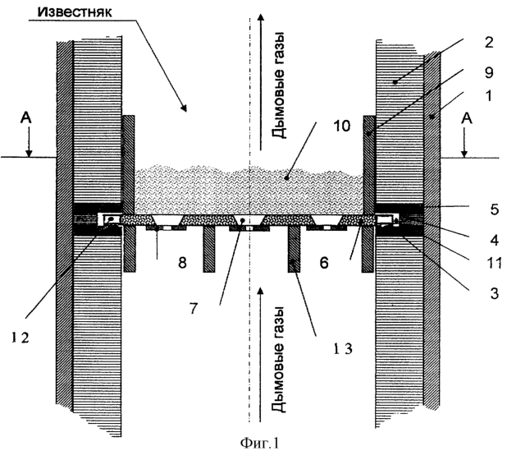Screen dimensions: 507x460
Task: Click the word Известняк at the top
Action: [75, 12]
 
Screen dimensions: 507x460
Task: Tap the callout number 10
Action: [342, 126]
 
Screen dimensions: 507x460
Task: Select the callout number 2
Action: [489, 43]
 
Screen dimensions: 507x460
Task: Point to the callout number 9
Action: [489, 72]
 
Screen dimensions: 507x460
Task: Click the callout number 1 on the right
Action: [489, 96]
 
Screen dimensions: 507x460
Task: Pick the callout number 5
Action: [495, 209]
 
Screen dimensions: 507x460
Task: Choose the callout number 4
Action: [495, 241]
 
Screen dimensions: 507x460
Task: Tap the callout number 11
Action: [495, 263]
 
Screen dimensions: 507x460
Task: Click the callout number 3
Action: [495, 293]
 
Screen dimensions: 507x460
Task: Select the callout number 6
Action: [324, 263]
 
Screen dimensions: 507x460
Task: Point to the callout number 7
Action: [193, 309]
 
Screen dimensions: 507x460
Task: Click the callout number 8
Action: [183, 263]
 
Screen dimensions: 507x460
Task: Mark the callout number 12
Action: [21, 338]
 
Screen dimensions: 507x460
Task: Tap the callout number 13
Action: [342, 348]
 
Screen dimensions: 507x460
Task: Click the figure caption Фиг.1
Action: [259, 443]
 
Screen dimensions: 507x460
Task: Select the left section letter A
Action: [26, 118]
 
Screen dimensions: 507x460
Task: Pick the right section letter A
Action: [466, 119]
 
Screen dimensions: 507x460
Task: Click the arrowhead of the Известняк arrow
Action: [184, 108]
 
